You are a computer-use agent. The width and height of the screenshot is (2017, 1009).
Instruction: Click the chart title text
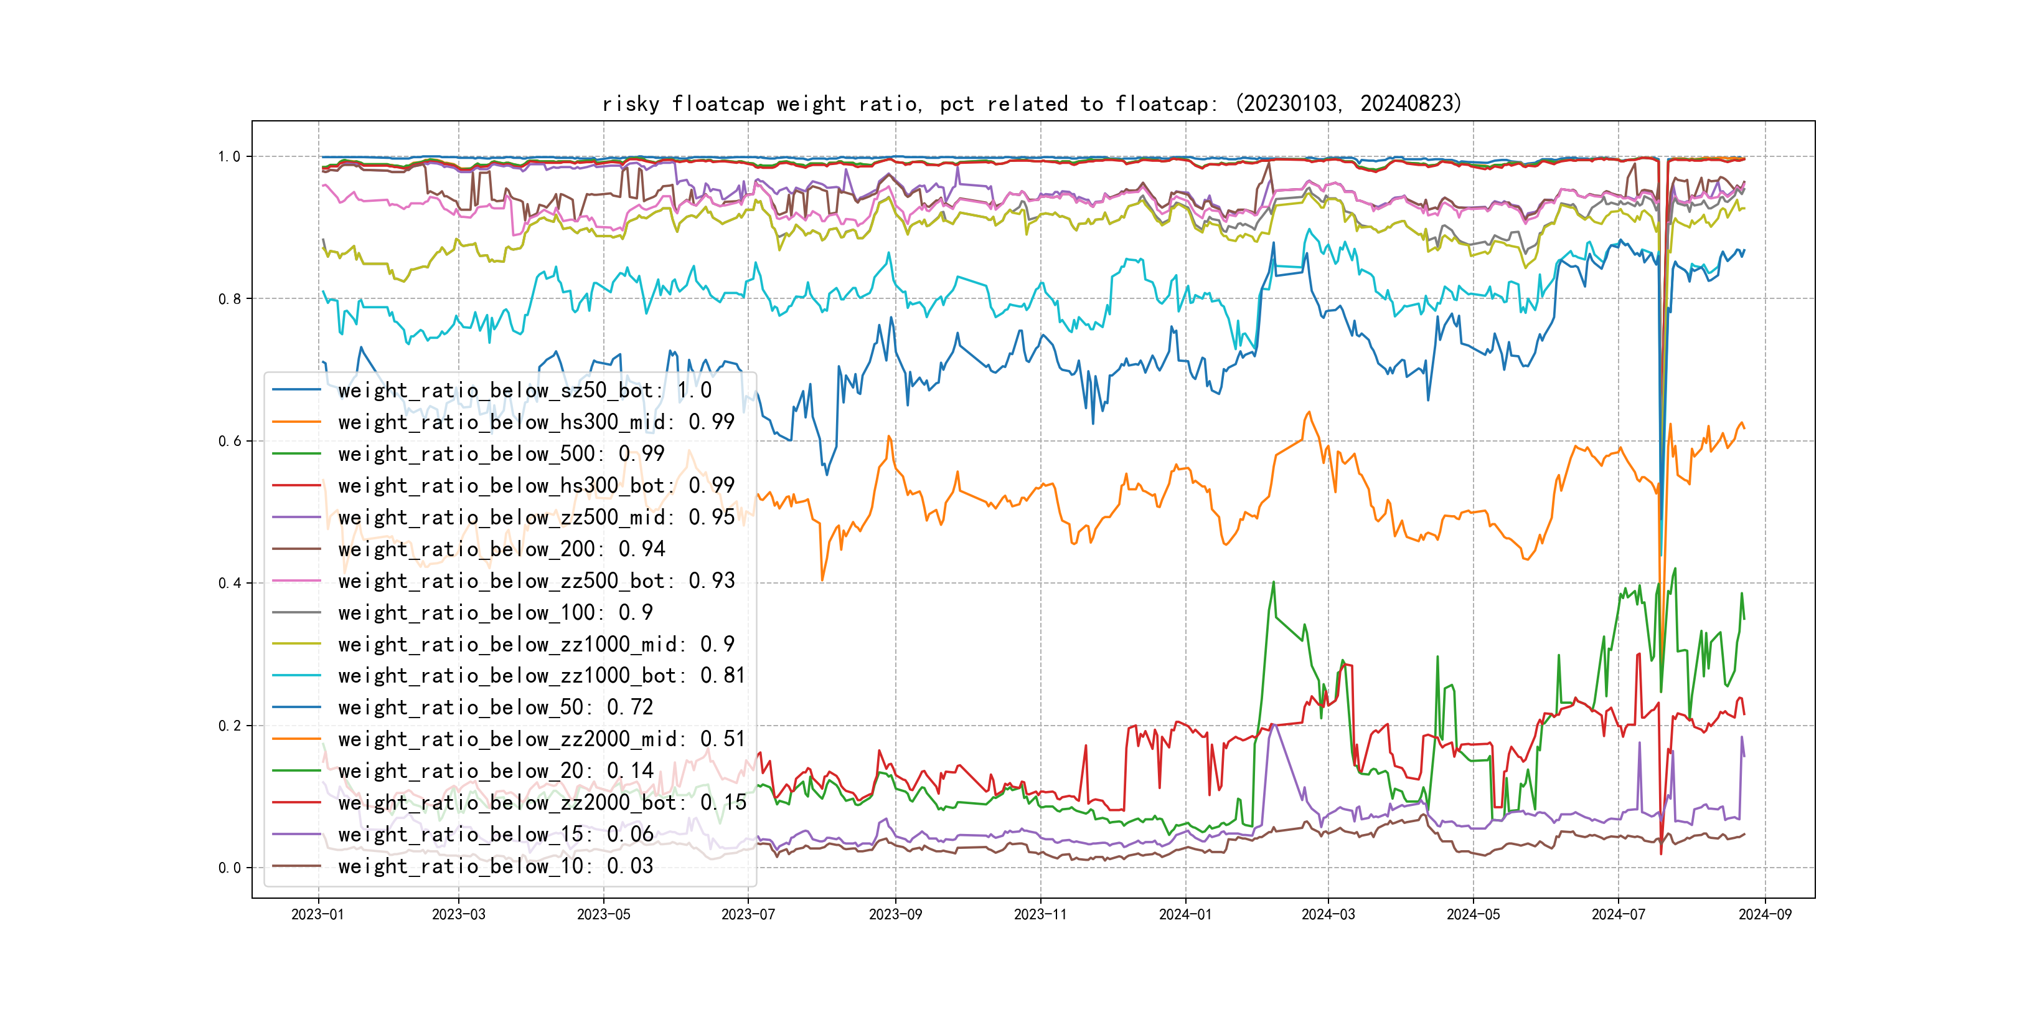[1031, 103]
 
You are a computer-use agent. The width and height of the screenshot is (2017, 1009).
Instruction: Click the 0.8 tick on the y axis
[230, 298]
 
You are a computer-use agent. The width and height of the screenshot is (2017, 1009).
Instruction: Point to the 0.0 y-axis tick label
[230, 867]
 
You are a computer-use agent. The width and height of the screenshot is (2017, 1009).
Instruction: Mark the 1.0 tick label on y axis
[230, 157]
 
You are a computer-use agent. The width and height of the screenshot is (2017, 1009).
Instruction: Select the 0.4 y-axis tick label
[230, 583]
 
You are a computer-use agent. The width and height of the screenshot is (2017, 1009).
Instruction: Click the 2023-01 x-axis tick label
[318, 914]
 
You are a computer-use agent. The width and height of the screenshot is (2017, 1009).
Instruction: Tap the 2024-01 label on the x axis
[1185, 914]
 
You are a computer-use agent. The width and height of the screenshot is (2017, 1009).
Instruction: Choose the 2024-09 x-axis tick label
[1765, 914]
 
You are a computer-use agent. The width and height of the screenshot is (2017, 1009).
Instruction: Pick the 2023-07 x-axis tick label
[748, 914]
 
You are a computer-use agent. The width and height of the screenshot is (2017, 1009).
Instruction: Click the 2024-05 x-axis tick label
[1473, 914]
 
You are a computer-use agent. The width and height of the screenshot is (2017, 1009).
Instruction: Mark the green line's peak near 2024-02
[1273, 582]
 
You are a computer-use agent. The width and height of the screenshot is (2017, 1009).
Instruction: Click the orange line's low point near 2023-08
[822, 580]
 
